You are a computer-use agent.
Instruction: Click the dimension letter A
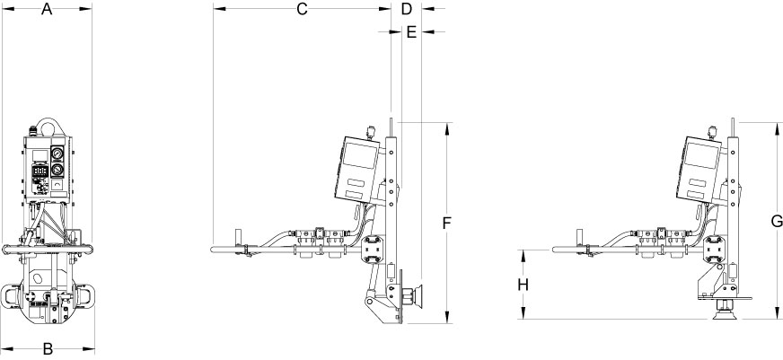coord(47,9)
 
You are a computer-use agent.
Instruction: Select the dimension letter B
coord(48,348)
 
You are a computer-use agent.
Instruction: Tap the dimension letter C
coord(302,9)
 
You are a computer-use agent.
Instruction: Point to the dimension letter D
coord(407,9)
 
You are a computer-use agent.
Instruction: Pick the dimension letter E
coord(411,32)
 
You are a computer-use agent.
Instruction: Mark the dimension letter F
coord(447,223)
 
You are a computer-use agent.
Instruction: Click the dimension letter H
coord(523,285)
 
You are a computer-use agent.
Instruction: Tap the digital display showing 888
coord(40,171)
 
